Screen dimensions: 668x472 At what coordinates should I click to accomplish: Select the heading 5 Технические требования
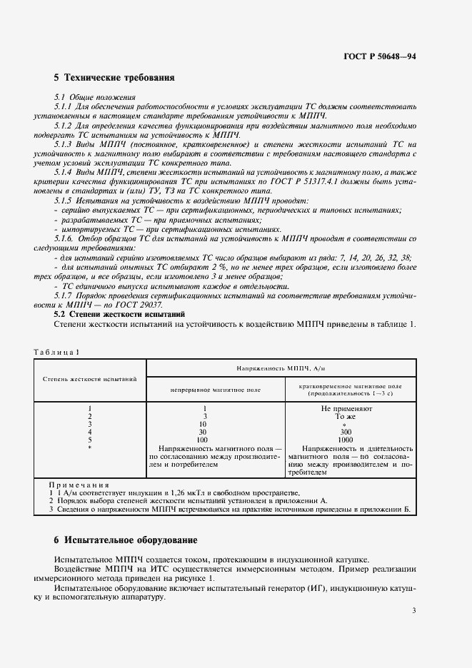[x=114, y=77]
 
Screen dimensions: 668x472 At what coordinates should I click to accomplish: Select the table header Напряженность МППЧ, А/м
[x=281, y=368]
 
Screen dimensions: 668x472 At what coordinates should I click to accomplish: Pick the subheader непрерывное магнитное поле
[x=215, y=390]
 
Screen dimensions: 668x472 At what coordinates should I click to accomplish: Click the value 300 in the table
[x=346, y=432]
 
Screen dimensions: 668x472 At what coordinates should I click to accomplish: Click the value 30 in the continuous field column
[x=202, y=432]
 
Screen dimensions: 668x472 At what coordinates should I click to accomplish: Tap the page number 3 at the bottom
[x=413, y=609]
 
